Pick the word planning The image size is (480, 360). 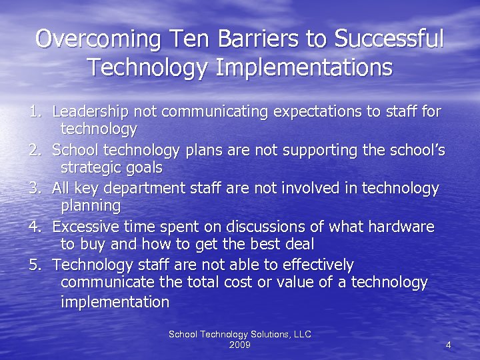pos(91,205)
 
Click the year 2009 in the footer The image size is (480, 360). pos(239,345)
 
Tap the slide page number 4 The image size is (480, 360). pos(448,345)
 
